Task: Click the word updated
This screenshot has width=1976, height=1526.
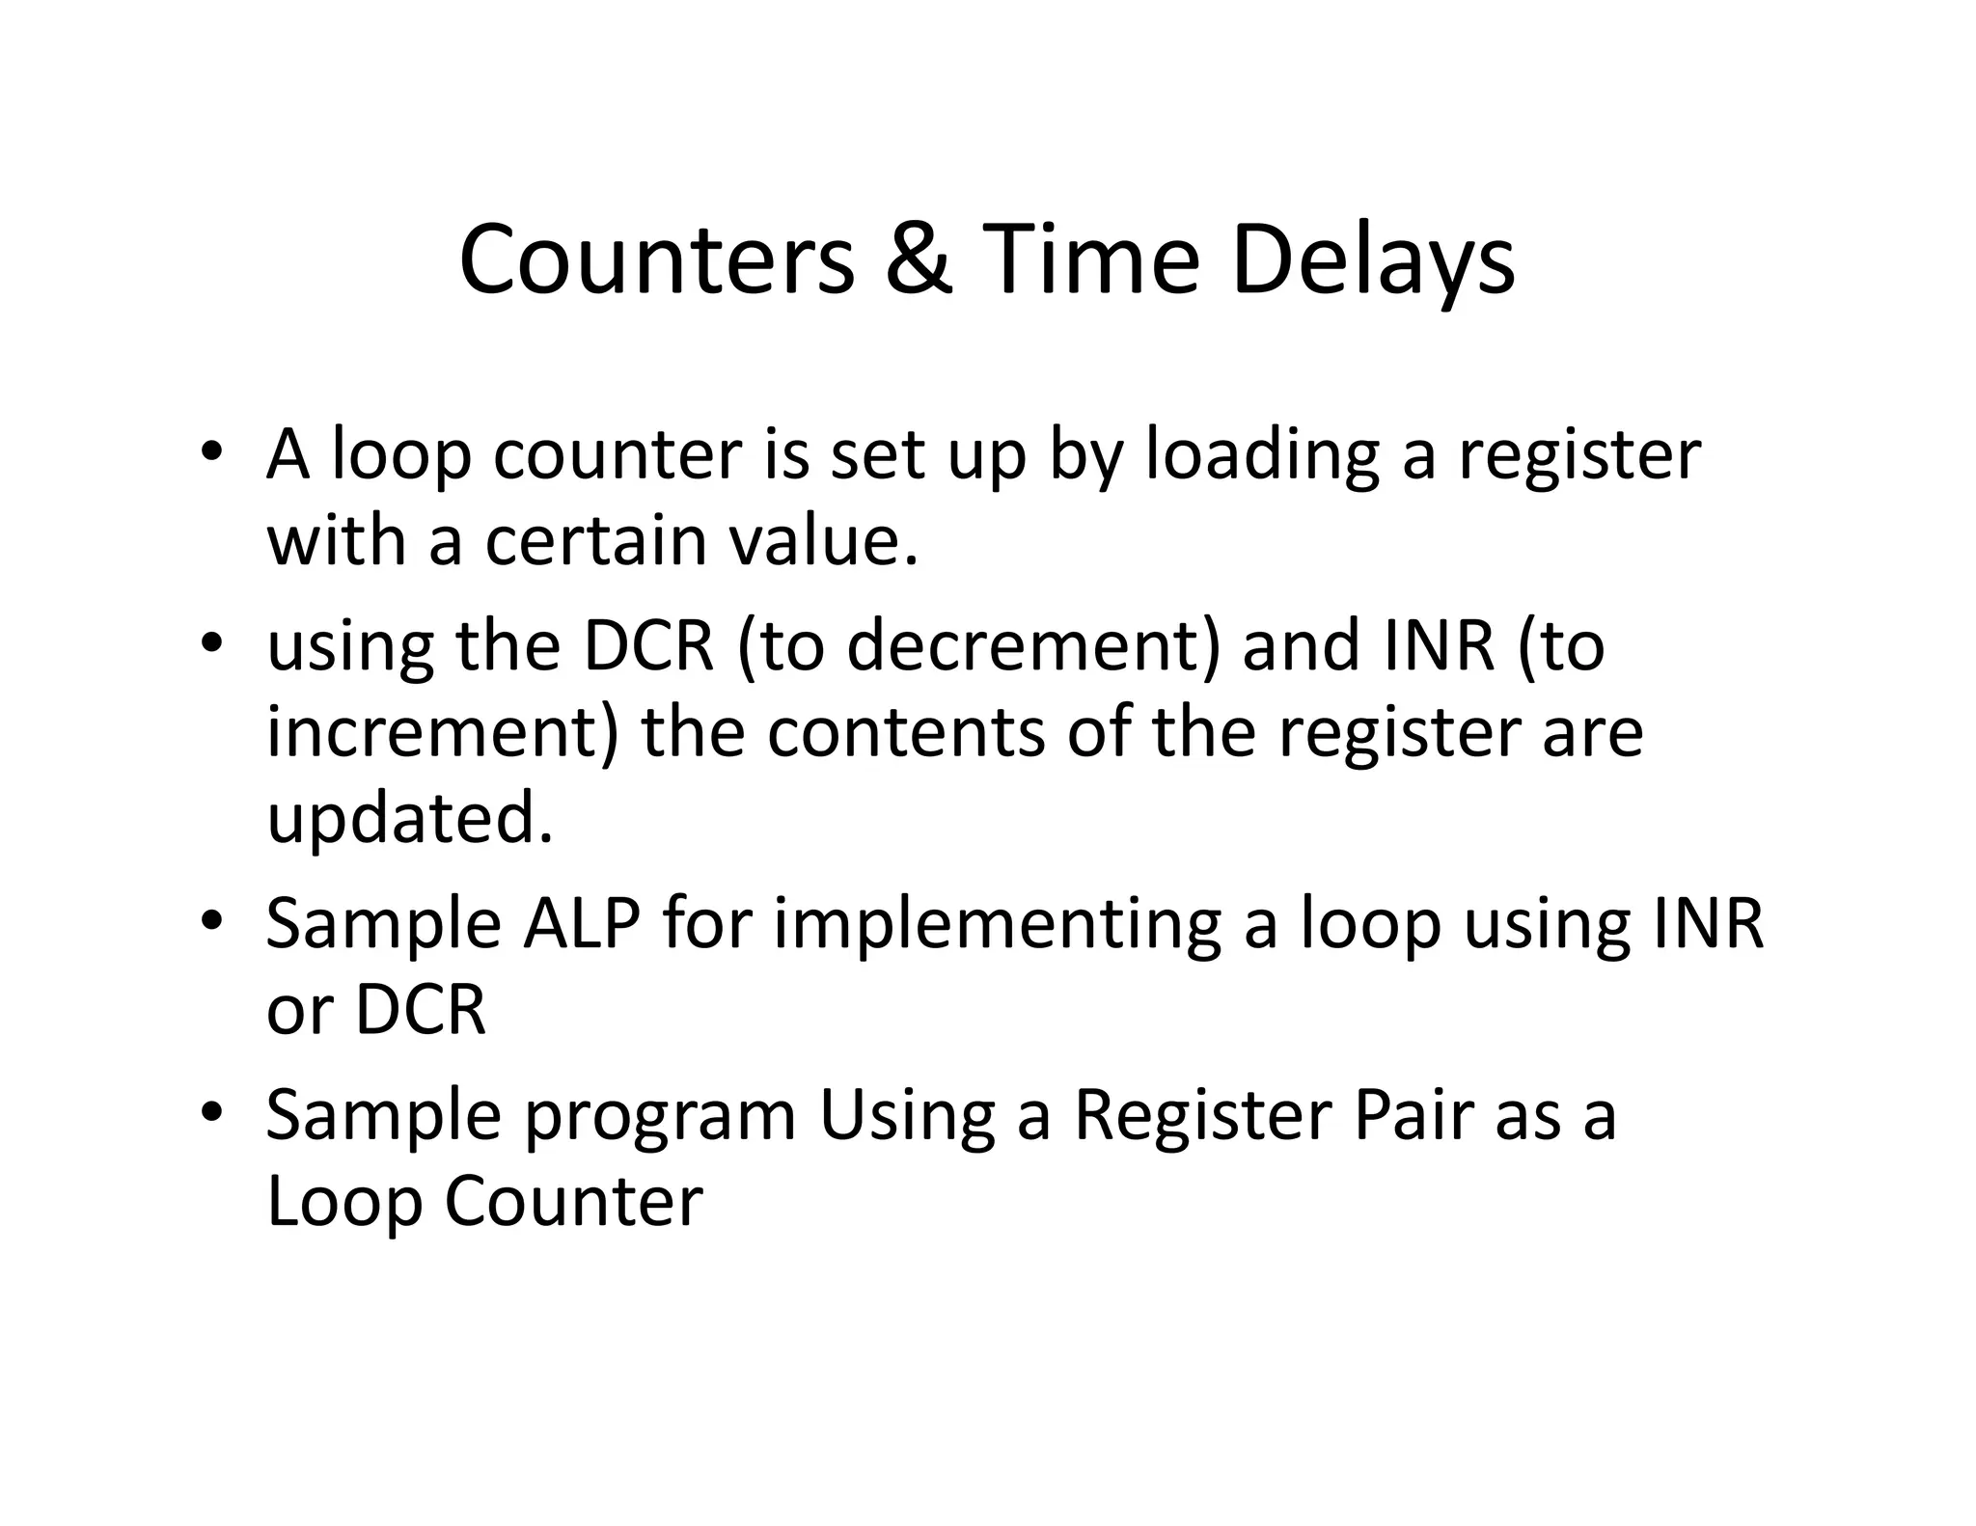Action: [410, 819]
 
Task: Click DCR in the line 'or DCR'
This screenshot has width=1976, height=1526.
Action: [421, 1011]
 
